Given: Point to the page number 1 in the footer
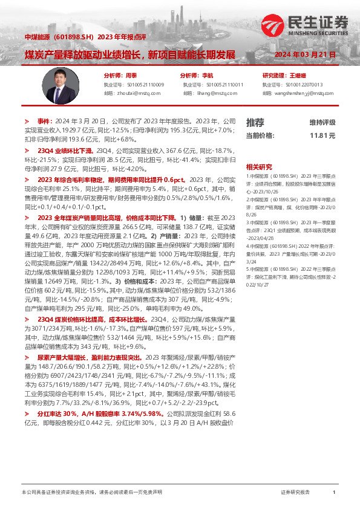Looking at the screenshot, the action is [334, 493].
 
